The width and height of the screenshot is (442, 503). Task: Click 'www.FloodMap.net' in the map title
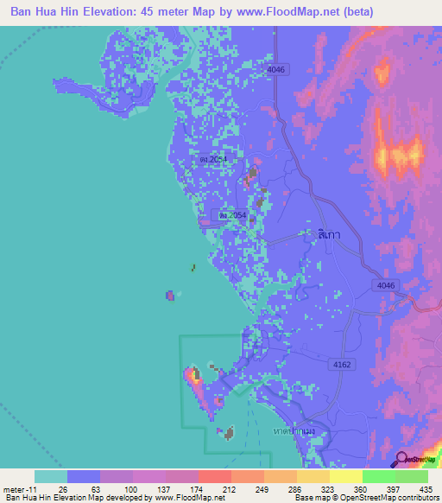[319, 11]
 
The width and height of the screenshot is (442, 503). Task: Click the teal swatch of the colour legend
[50, 477]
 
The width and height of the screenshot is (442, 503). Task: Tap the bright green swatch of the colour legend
[378, 477]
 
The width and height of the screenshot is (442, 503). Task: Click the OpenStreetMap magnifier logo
[401, 459]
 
